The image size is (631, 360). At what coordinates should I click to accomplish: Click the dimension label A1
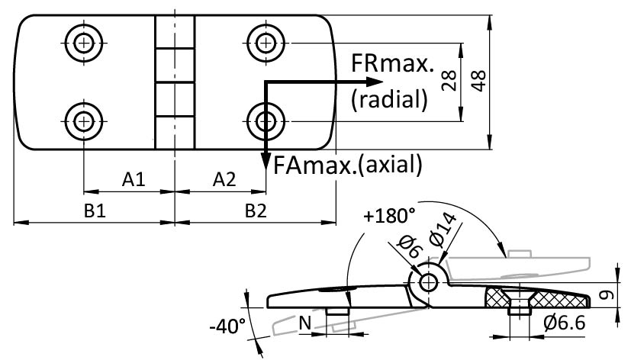[x=134, y=180]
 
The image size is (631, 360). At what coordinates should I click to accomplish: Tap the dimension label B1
[x=94, y=212]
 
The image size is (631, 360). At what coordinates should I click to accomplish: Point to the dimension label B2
[x=256, y=212]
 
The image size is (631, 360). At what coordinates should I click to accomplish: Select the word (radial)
[x=388, y=98]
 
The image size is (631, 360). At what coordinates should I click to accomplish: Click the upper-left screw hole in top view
[x=83, y=40]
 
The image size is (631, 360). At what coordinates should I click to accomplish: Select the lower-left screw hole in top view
[x=83, y=119]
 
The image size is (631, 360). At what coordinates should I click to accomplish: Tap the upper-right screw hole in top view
[x=265, y=40]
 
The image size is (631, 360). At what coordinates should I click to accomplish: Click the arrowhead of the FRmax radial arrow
[x=375, y=81]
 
